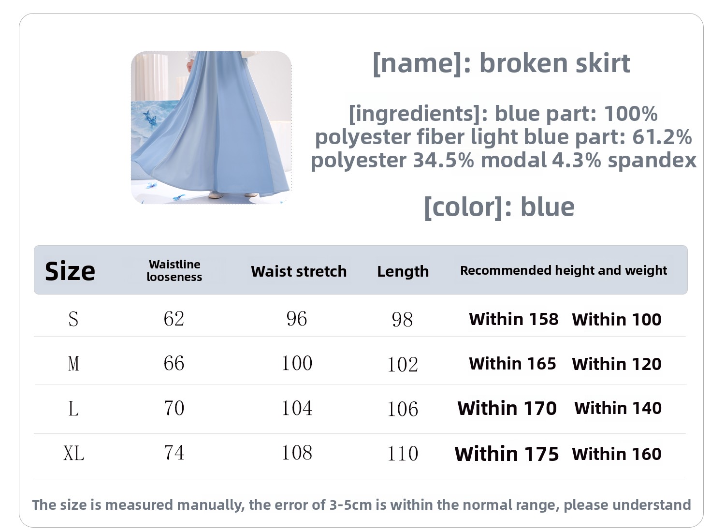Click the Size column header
(x=70, y=271)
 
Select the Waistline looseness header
(x=174, y=271)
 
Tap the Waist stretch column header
(x=299, y=271)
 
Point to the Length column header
(x=403, y=271)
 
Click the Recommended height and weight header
(x=564, y=270)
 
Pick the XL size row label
(x=74, y=453)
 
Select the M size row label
(x=73, y=363)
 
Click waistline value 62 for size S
(x=174, y=319)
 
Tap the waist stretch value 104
(x=297, y=408)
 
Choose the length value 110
(x=403, y=454)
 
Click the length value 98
(x=402, y=320)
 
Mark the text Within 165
(x=513, y=364)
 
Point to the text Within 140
(x=618, y=408)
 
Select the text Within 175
(x=507, y=454)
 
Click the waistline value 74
(x=174, y=453)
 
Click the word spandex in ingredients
(x=652, y=160)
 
